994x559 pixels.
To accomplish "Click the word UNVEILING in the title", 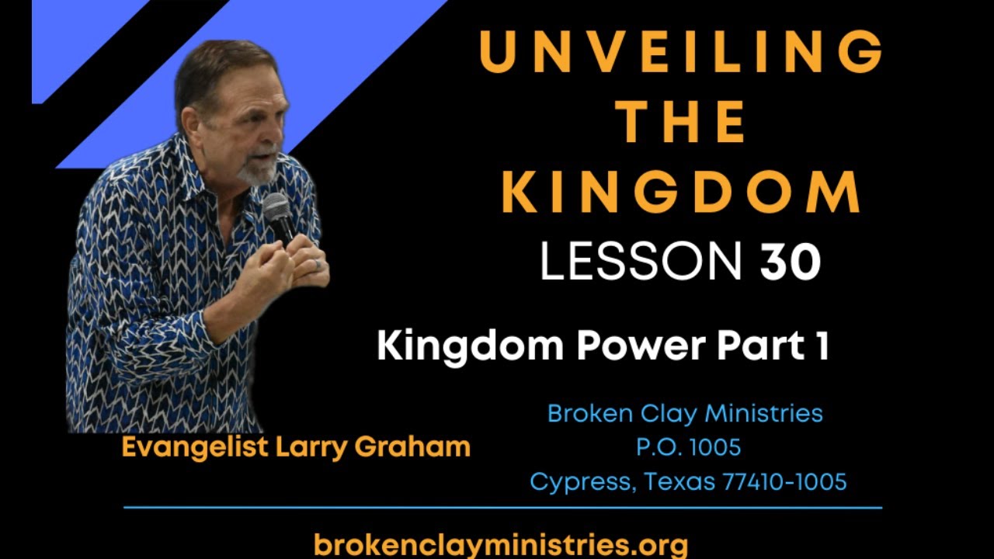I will point(681,51).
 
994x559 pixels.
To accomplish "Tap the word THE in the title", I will point(681,123).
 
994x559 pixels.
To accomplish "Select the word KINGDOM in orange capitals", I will point(681,193).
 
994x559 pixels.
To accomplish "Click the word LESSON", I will point(641,262).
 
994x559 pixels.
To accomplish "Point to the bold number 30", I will point(790,262).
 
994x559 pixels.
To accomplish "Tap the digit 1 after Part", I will point(822,345).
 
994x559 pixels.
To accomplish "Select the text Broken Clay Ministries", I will point(685,413).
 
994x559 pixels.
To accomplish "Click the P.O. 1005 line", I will point(687,447).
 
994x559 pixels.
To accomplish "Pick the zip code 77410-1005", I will point(784,481).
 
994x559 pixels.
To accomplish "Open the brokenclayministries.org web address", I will point(500,543).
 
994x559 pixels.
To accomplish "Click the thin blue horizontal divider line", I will point(502,508).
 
